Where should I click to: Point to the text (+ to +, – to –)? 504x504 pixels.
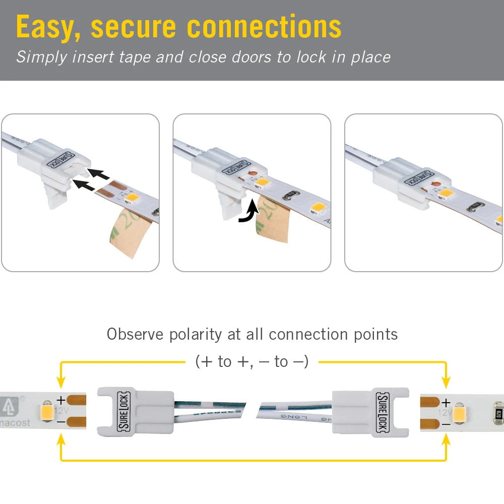[252, 361]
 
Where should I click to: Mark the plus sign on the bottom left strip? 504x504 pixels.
[60, 401]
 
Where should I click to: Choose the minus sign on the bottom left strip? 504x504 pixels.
[60, 421]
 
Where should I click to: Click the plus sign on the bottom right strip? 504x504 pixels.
[446, 403]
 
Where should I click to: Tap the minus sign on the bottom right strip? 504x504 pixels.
[446, 424]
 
